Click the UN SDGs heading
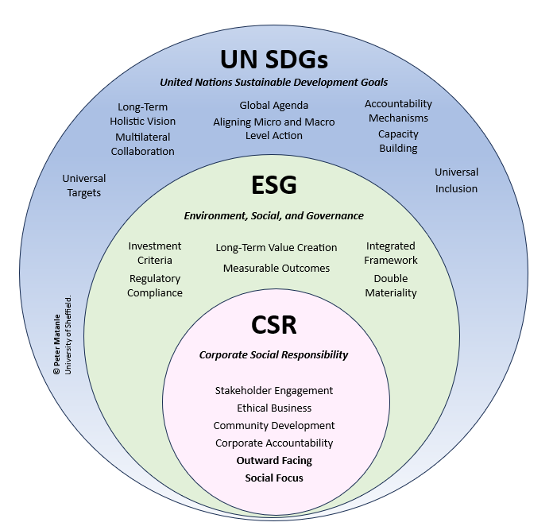pos(274,60)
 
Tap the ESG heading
pos(274,185)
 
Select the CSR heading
pos(274,325)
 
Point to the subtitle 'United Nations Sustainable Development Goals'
pos(274,82)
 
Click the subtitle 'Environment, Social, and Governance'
pos(274,215)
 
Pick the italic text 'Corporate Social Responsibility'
pos(274,354)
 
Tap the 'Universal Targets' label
pos(82,185)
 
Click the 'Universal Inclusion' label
pos(456,180)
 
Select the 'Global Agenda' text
pos(274,105)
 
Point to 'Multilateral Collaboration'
pos(142,144)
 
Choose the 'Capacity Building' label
pos(398,141)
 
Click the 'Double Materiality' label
pos(391,285)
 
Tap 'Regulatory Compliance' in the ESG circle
pos(156,285)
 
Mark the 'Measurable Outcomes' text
pos(276,268)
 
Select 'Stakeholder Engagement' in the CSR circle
pos(274,390)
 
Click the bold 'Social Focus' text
pos(274,478)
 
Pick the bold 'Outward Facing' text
pos(274,460)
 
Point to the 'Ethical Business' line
pos(274,408)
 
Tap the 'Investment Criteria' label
pos(155,253)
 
